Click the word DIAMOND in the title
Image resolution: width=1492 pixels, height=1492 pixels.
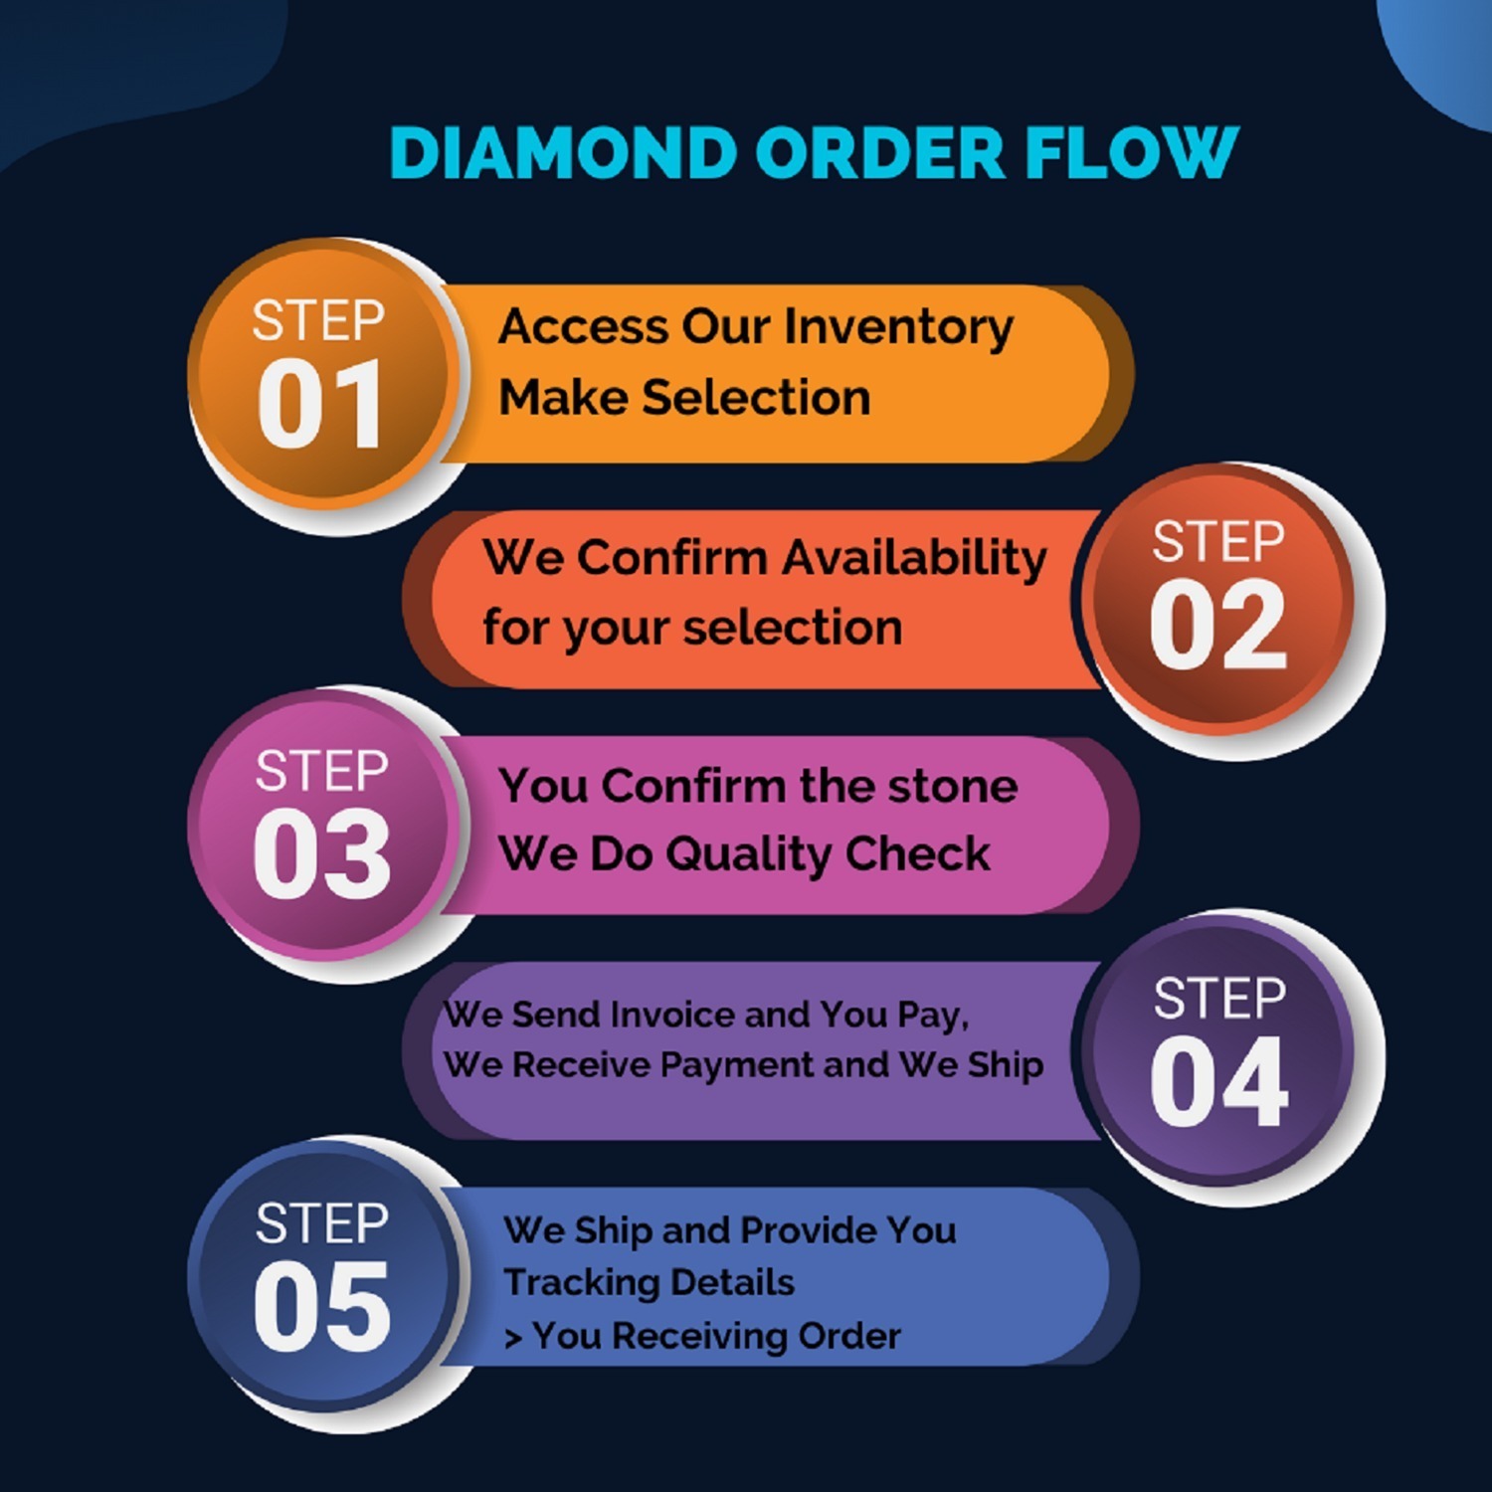(x=562, y=153)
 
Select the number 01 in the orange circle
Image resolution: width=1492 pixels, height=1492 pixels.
(x=319, y=405)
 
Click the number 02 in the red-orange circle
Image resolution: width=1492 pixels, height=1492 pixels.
(x=1218, y=627)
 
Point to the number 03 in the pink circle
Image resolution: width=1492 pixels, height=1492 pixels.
(x=321, y=853)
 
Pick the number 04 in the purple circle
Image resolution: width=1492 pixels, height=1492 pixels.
(x=1219, y=1081)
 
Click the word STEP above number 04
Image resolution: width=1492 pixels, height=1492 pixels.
(x=1219, y=999)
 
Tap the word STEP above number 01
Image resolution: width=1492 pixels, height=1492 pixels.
(x=318, y=320)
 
